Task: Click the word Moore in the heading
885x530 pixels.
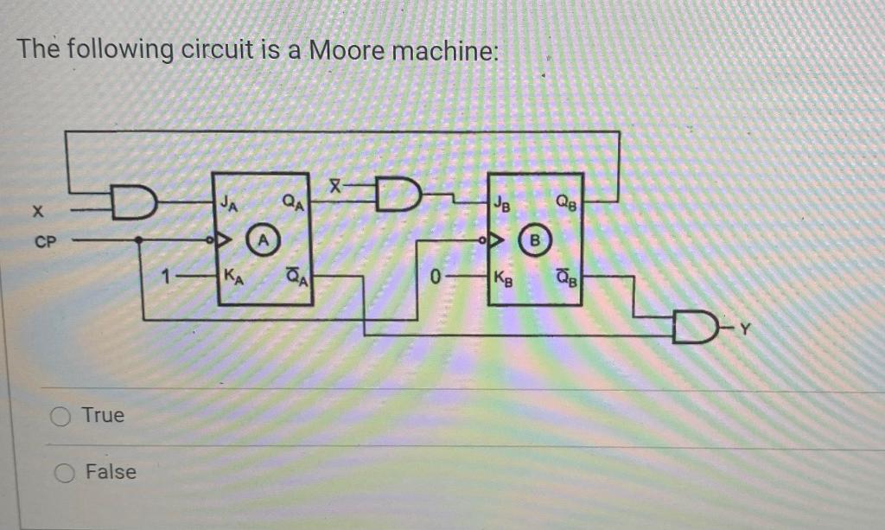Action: (x=347, y=50)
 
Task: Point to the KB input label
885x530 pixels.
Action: (x=503, y=278)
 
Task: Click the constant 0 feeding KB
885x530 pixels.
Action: (x=437, y=278)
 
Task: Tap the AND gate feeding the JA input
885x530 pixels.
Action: (x=137, y=204)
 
